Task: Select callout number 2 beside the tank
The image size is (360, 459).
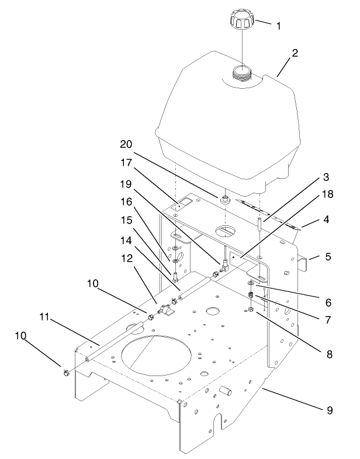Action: click(x=295, y=53)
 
